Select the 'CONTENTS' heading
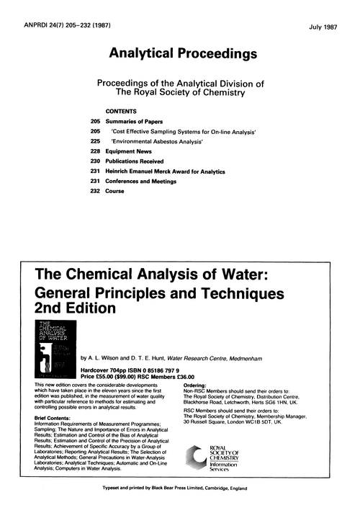[123, 113]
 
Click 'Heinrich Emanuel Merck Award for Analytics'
[166, 172]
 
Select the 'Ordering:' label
[199, 387]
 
